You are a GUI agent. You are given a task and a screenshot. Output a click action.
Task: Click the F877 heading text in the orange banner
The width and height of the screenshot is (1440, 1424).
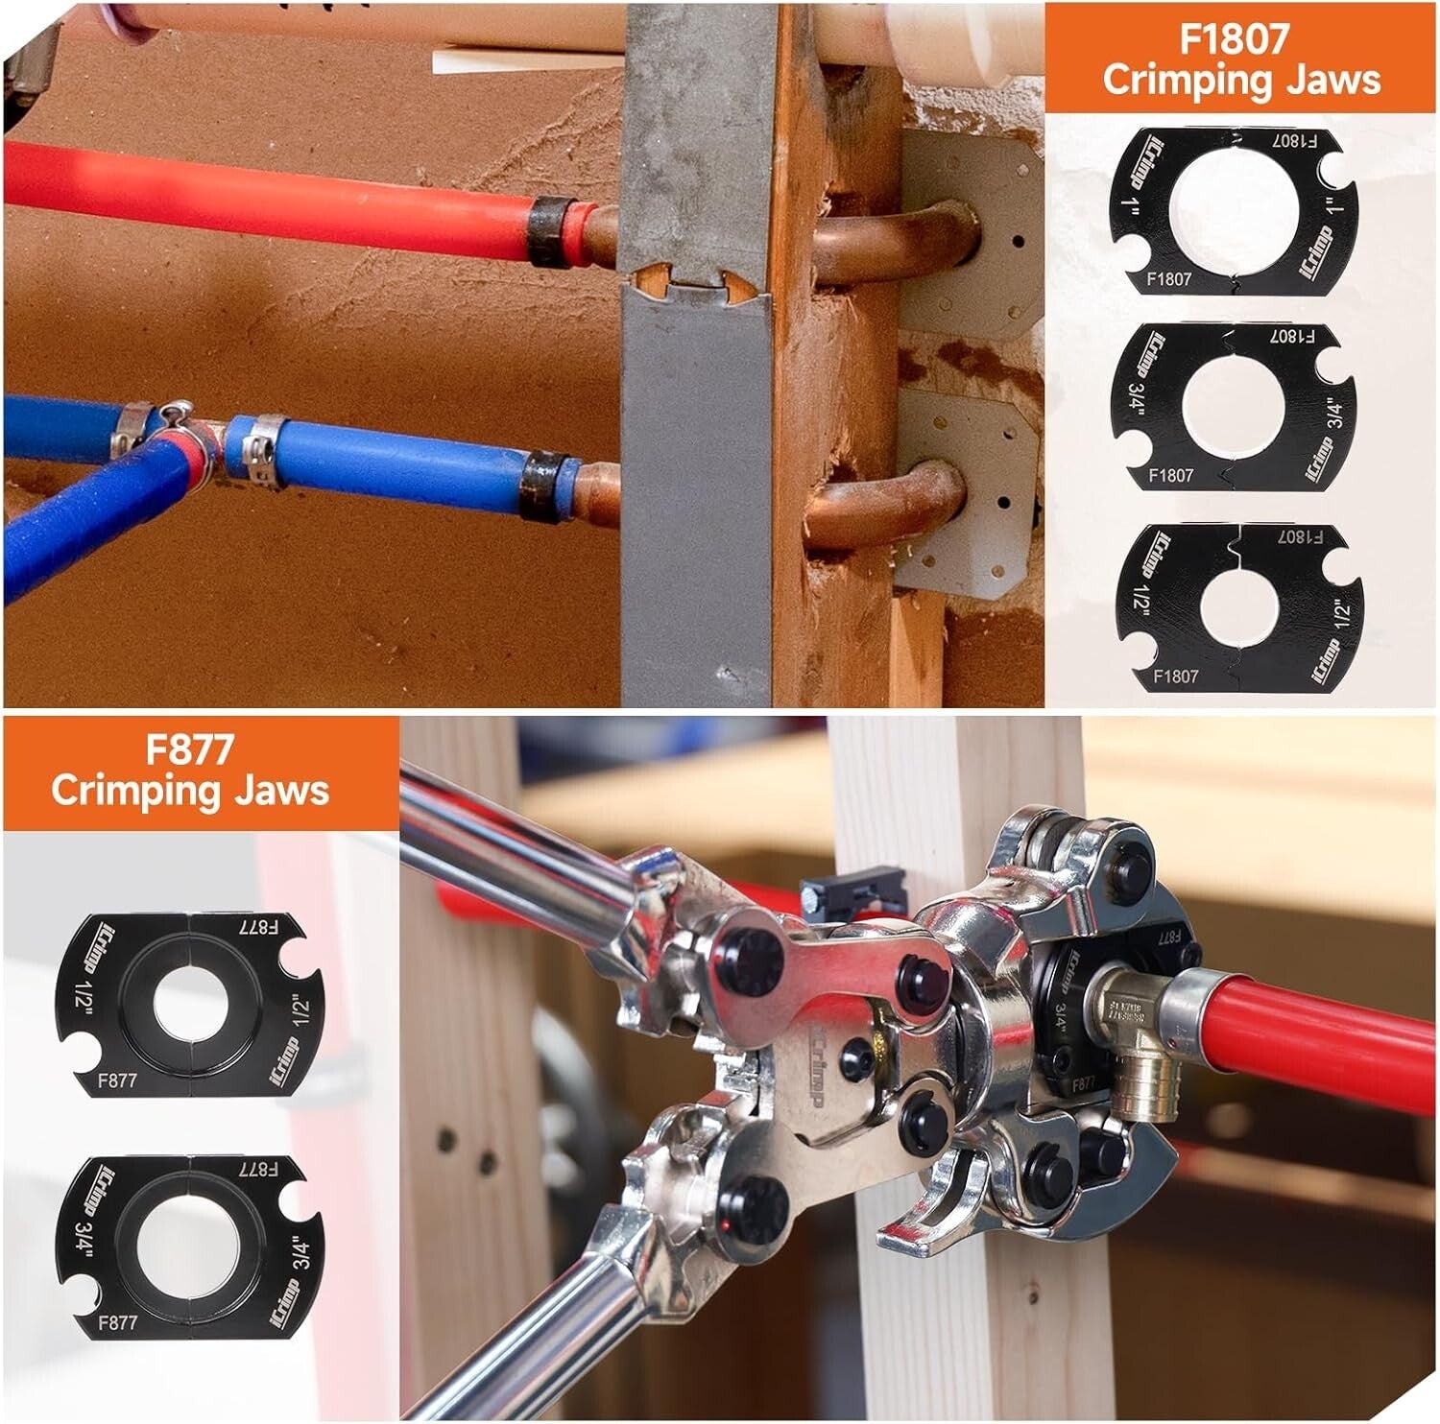point(190,748)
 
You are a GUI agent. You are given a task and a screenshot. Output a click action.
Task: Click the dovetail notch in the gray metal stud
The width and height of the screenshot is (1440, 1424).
point(695,283)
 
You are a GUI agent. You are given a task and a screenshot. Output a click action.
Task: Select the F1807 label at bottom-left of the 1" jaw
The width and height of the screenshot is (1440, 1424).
point(1168,279)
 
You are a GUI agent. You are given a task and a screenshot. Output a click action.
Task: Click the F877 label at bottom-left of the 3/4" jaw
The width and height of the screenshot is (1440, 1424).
point(118,1322)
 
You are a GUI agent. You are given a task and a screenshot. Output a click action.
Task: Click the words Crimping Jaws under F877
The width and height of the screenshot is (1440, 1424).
point(190,791)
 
